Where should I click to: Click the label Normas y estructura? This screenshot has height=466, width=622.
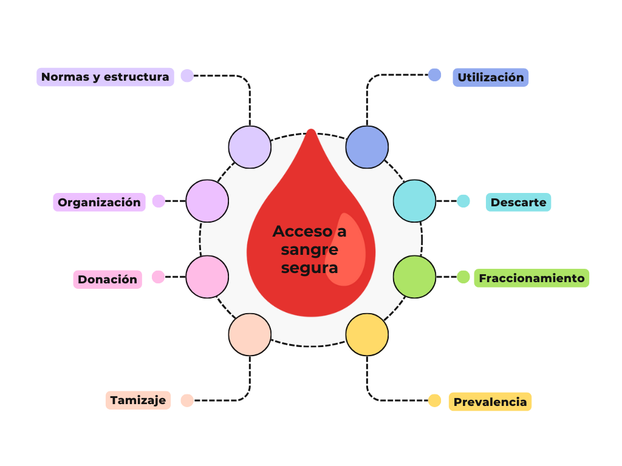pyautogui.click(x=105, y=77)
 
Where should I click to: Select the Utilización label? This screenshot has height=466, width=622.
pyautogui.click(x=490, y=78)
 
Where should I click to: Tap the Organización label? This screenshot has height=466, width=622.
pyautogui.click(x=99, y=202)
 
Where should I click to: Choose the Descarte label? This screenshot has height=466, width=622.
pyautogui.click(x=518, y=202)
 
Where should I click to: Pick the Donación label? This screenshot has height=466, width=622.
pyautogui.click(x=108, y=279)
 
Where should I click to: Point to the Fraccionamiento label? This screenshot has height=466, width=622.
pyautogui.click(x=531, y=279)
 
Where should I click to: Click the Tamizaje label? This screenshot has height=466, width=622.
pyautogui.click(x=138, y=400)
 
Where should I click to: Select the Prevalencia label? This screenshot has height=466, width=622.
pyautogui.click(x=490, y=402)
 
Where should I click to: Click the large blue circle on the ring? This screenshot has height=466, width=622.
pyautogui.click(x=367, y=147)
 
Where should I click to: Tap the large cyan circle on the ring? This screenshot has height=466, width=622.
pyautogui.click(x=414, y=201)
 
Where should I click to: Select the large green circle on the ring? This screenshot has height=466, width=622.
pyautogui.click(x=414, y=277)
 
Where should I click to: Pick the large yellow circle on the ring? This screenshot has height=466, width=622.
pyautogui.click(x=367, y=334)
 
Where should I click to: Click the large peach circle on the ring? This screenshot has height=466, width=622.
pyautogui.click(x=250, y=334)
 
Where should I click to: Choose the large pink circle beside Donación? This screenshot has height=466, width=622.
pyautogui.click(x=207, y=277)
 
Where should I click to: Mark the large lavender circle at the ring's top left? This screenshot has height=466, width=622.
pyautogui.click(x=250, y=147)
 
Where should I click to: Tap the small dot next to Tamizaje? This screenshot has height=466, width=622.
pyautogui.click(x=187, y=400)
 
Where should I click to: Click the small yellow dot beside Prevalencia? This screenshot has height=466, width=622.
pyautogui.click(x=434, y=400)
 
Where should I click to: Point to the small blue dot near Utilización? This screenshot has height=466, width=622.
pyautogui.click(x=434, y=75)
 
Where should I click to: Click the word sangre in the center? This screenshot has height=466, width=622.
pyautogui.click(x=309, y=249)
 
